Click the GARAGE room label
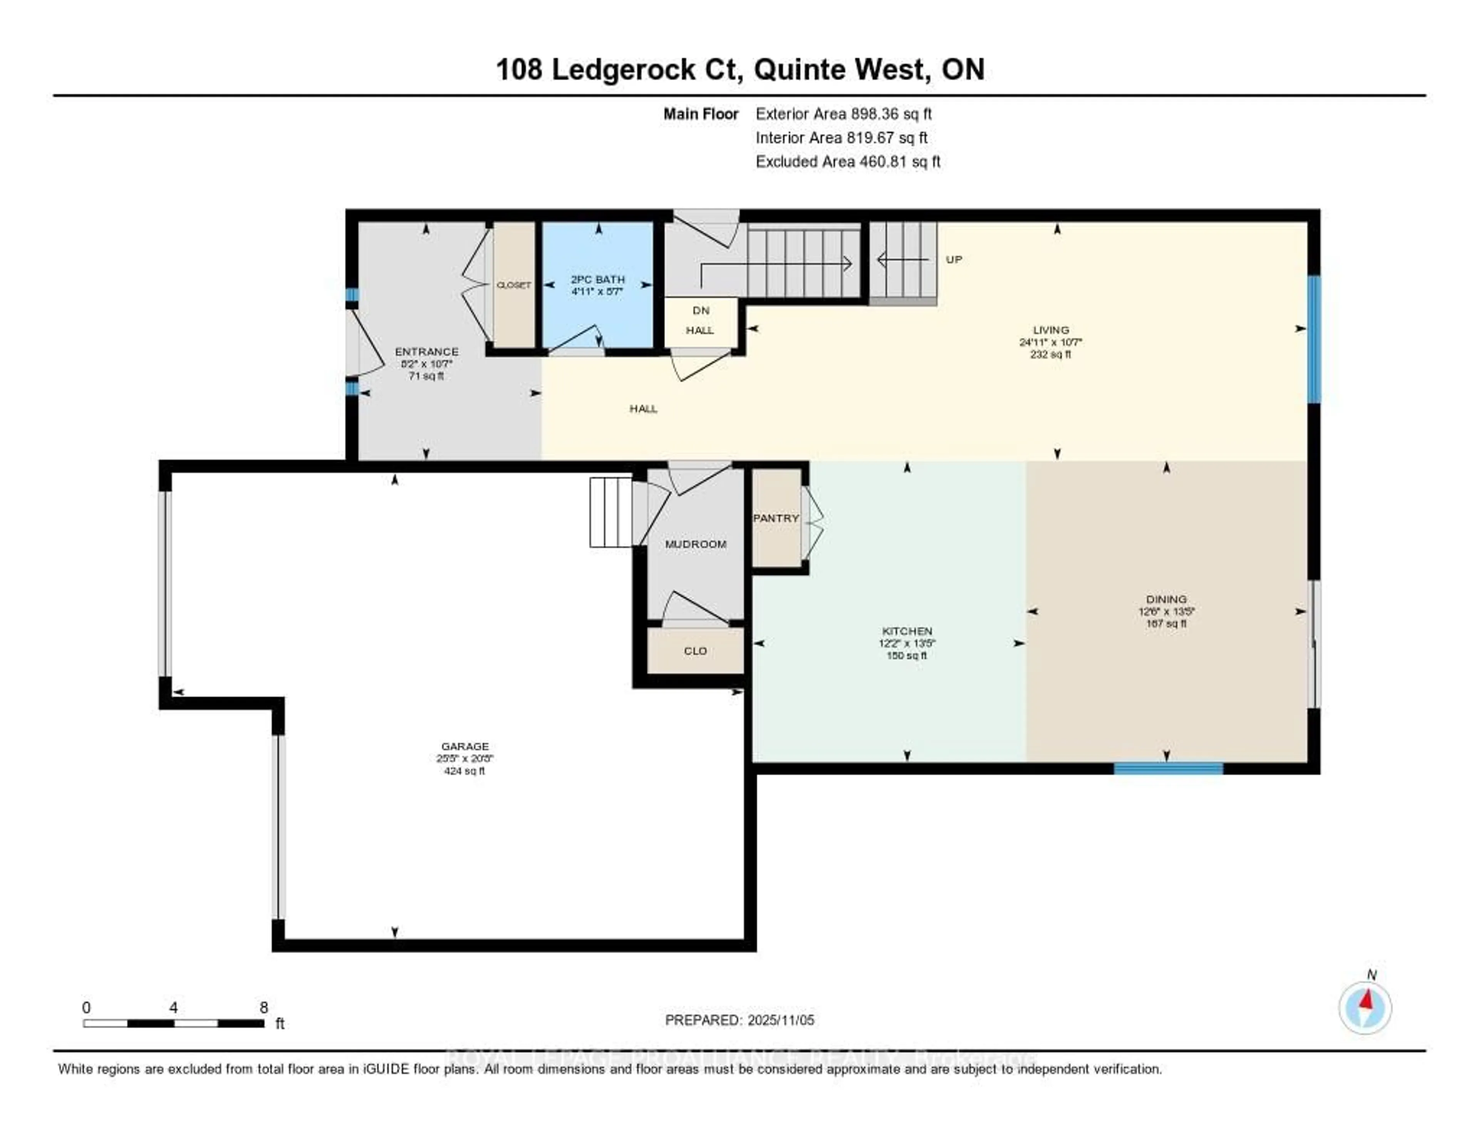(464, 746)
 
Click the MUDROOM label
(696, 544)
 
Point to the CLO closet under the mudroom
(696, 651)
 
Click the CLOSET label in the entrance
(513, 285)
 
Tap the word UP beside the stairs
(954, 259)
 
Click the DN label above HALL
(701, 310)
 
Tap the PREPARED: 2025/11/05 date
(739, 1020)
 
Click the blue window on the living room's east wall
(1314, 339)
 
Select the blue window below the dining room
(1168, 768)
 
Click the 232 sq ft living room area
(1050, 355)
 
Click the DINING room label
(1166, 599)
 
